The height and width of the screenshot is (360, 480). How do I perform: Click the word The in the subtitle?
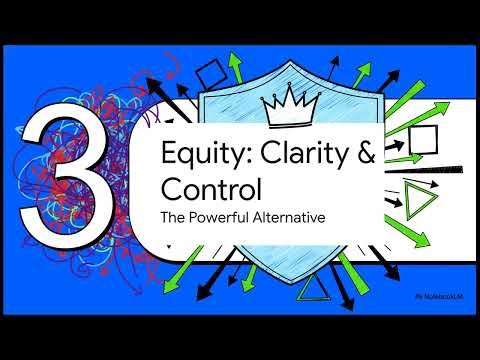[x=174, y=215]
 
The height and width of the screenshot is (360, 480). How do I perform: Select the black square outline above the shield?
[x=212, y=73]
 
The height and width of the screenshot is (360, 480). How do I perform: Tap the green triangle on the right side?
[x=418, y=201]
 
